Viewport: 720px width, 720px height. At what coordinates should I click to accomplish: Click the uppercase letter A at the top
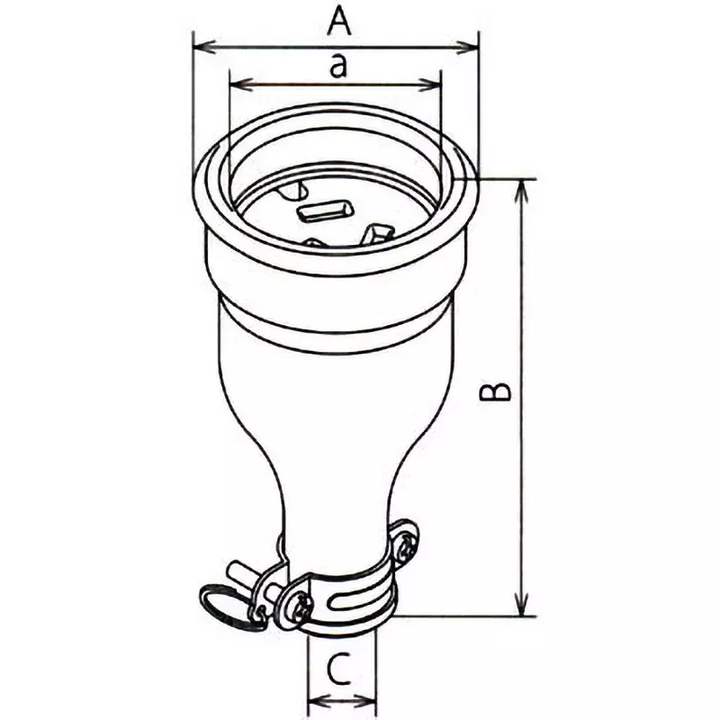click(x=338, y=20)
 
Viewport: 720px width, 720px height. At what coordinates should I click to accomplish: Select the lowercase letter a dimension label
click(x=337, y=67)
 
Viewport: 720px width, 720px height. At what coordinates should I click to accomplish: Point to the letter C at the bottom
click(x=337, y=670)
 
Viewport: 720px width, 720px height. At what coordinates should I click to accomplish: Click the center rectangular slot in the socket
click(x=325, y=212)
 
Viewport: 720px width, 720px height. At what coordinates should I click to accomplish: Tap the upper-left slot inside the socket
click(x=293, y=190)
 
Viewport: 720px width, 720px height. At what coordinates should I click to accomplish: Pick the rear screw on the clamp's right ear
click(x=407, y=543)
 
